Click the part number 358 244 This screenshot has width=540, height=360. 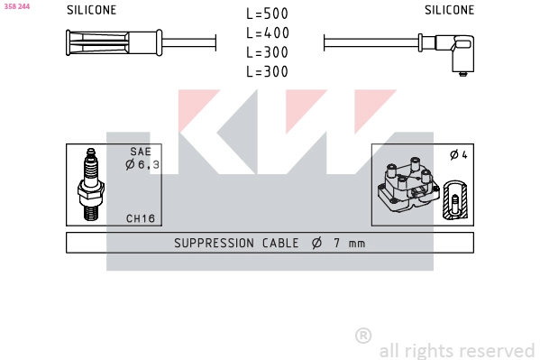pyautogui.click(x=17, y=6)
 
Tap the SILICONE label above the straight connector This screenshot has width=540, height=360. pyautogui.click(x=92, y=10)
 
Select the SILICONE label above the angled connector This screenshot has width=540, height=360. pyautogui.click(x=449, y=10)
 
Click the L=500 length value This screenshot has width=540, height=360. pyautogui.click(x=267, y=14)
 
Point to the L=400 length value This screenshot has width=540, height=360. pyautogui.click(x=268, y=32)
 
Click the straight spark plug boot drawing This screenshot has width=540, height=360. pyautogui.click(x=114, y=42)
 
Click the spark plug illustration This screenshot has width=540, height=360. pyautogui.click(x=90, y=184)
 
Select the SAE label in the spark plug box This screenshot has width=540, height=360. pyautogui.click(x=141, y=152)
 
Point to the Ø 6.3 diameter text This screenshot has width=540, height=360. pyautogui.click(x=142, y=164)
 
